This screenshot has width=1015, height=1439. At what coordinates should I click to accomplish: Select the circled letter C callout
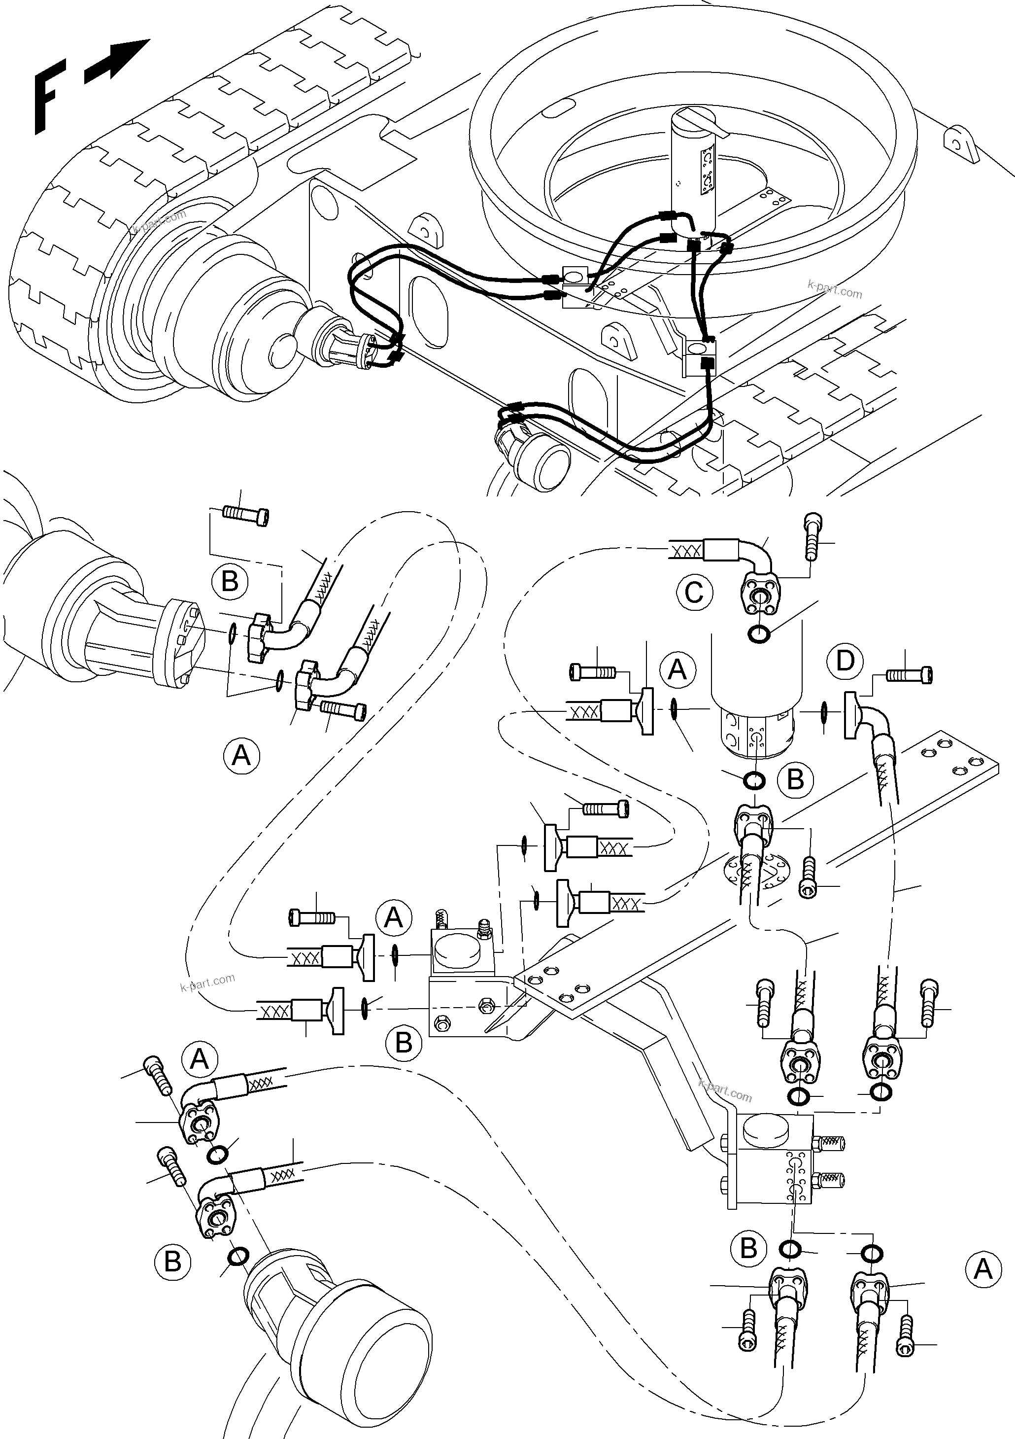[x=695, y=592]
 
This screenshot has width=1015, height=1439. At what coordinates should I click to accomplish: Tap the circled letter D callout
[x=845, y=661]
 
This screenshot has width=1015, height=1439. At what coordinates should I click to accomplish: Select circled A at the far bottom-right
[x=983, y=1269]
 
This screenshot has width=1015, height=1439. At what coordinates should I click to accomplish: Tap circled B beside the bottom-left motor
[x=172, y=1261]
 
